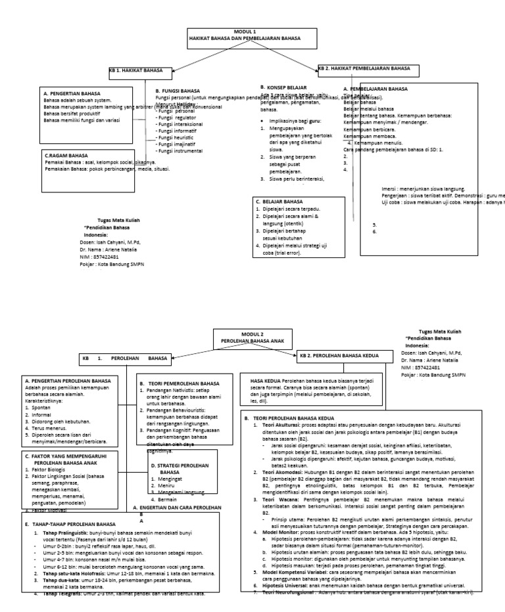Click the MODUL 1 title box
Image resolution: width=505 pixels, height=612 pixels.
(245, 35)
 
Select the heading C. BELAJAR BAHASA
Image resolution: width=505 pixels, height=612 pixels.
(279, 201)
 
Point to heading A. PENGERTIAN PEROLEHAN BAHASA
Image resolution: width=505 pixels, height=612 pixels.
(67, 380)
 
